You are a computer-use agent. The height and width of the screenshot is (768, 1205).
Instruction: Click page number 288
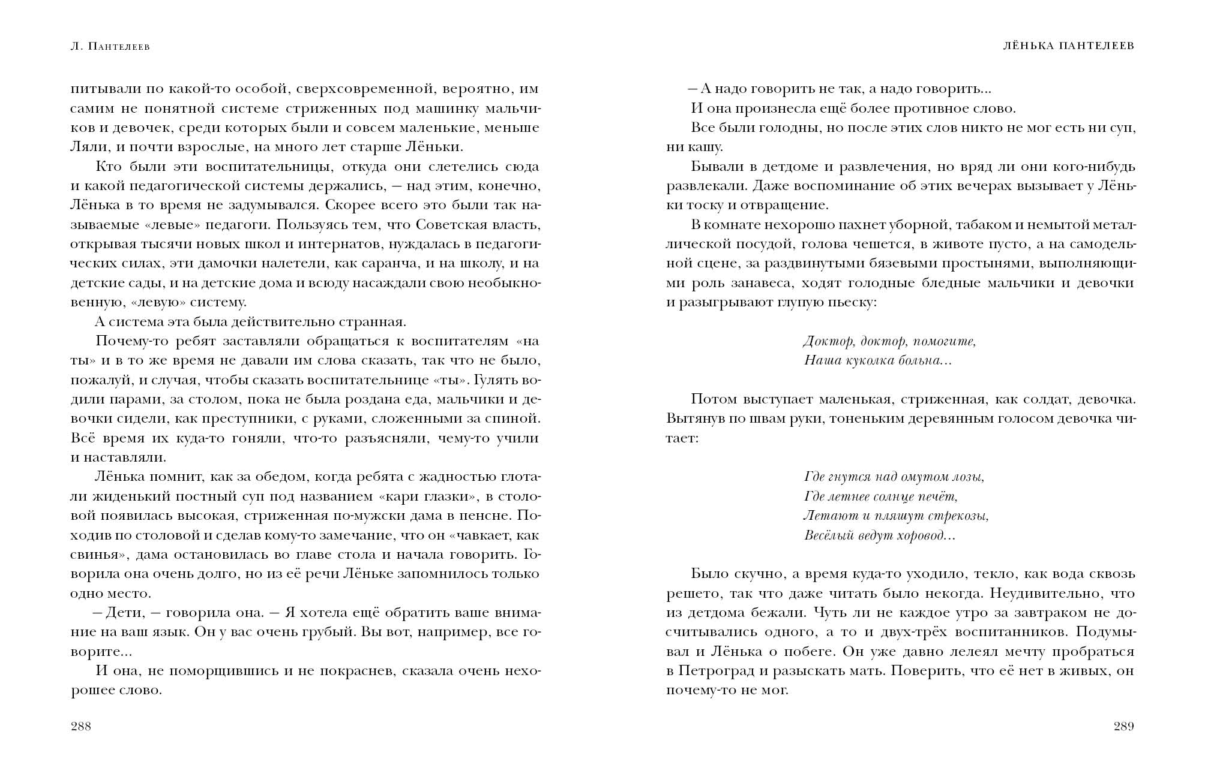pyautogui.click(x=81, y=727)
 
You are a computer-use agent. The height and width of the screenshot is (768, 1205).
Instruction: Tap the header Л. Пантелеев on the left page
pyautogui.click(x=110, y=46)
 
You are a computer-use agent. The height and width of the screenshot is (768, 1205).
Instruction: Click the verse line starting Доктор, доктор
pyautogui.click(x=889, y=342)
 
